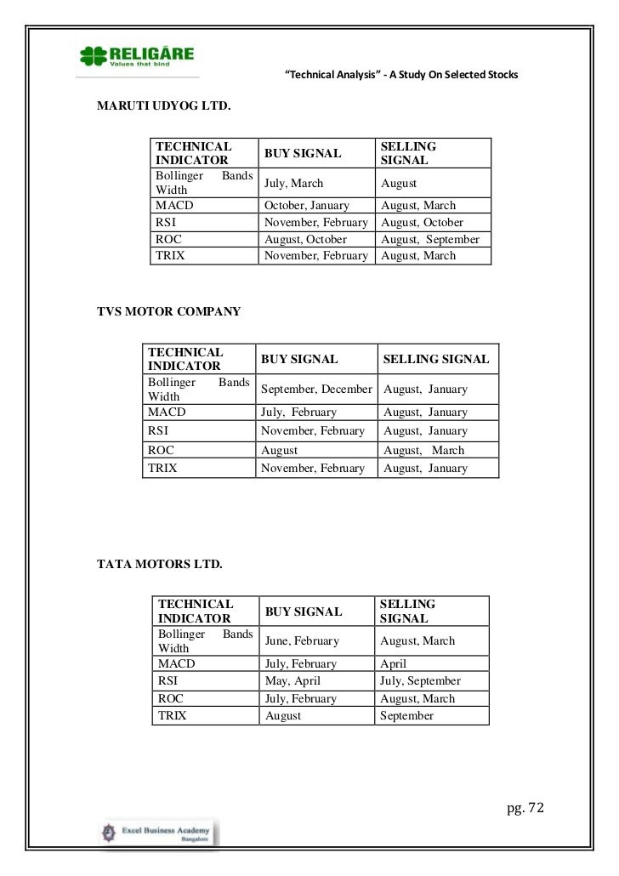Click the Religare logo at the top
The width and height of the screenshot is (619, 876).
coord(136,58)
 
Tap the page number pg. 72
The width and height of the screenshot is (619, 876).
coord(525,805)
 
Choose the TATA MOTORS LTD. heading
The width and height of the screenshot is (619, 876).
coord(161,565)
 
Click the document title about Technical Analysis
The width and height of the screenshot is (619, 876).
coord(400,77)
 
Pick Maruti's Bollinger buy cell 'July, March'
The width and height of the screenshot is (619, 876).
coord(294,184)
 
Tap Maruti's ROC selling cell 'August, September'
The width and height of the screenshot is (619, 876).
coord(430,239)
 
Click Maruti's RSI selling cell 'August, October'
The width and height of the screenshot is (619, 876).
coord(422,223)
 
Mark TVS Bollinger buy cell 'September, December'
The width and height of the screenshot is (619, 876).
coord(316,390)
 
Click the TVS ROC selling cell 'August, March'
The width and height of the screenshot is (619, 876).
coord(424,451)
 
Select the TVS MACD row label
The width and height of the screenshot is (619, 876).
coord(167,412)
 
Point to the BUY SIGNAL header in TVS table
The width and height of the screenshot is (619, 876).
coord(299,360)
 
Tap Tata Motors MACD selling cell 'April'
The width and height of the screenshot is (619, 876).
coord(394,664)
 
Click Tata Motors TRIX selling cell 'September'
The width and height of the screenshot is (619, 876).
coord(407,716)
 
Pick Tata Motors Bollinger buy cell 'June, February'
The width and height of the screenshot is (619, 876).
coord(302,641)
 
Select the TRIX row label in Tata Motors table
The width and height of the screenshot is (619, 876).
coord(173,716)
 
